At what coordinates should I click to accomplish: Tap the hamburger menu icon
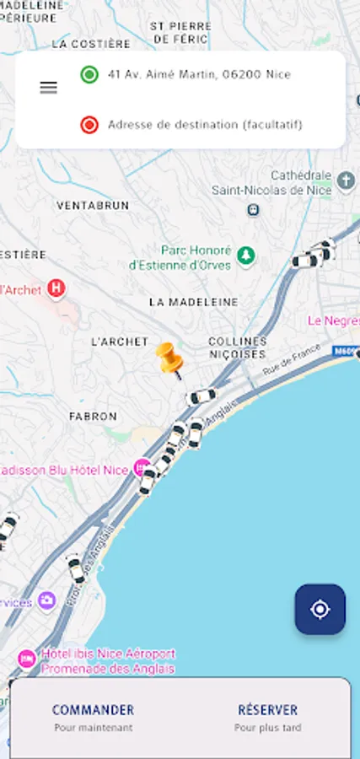pyautogui.click(x=49, y=88)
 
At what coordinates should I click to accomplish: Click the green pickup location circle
pyautogui.click(x=89, y=74)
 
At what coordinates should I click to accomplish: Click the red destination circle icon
pyautogui.click(x=89, y=125)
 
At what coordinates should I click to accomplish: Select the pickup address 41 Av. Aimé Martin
pyautogui.click(x=199, y=74)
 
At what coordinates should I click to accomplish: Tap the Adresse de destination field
pyautogui.click(x=205, y=125)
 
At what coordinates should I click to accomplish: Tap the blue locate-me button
pyautogui.click(x=320, y=609)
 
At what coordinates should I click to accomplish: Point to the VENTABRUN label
pyautogui.click(x=93, y=205)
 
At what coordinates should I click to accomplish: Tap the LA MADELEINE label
pyautogui.click(x=193, y=301)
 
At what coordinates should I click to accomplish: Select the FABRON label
pyautogui.click(x=93, y=416)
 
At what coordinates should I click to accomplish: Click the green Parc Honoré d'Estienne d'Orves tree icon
pyautogui.click(x=245, y=255)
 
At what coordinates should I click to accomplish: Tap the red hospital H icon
pyautogui.click(x=56, y=288)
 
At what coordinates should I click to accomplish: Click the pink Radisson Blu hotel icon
pyautogui.click(x=142, y=467)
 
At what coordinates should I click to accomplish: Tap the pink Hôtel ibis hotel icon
pyautogui.click(x=27, y=657)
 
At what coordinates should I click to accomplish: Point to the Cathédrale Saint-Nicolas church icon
pyautogui.click(x=346, y=180)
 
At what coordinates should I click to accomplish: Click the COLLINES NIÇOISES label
pyautogui.click(x=238, y=347)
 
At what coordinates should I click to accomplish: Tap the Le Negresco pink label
pyautogui.click(x=333, y=320)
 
